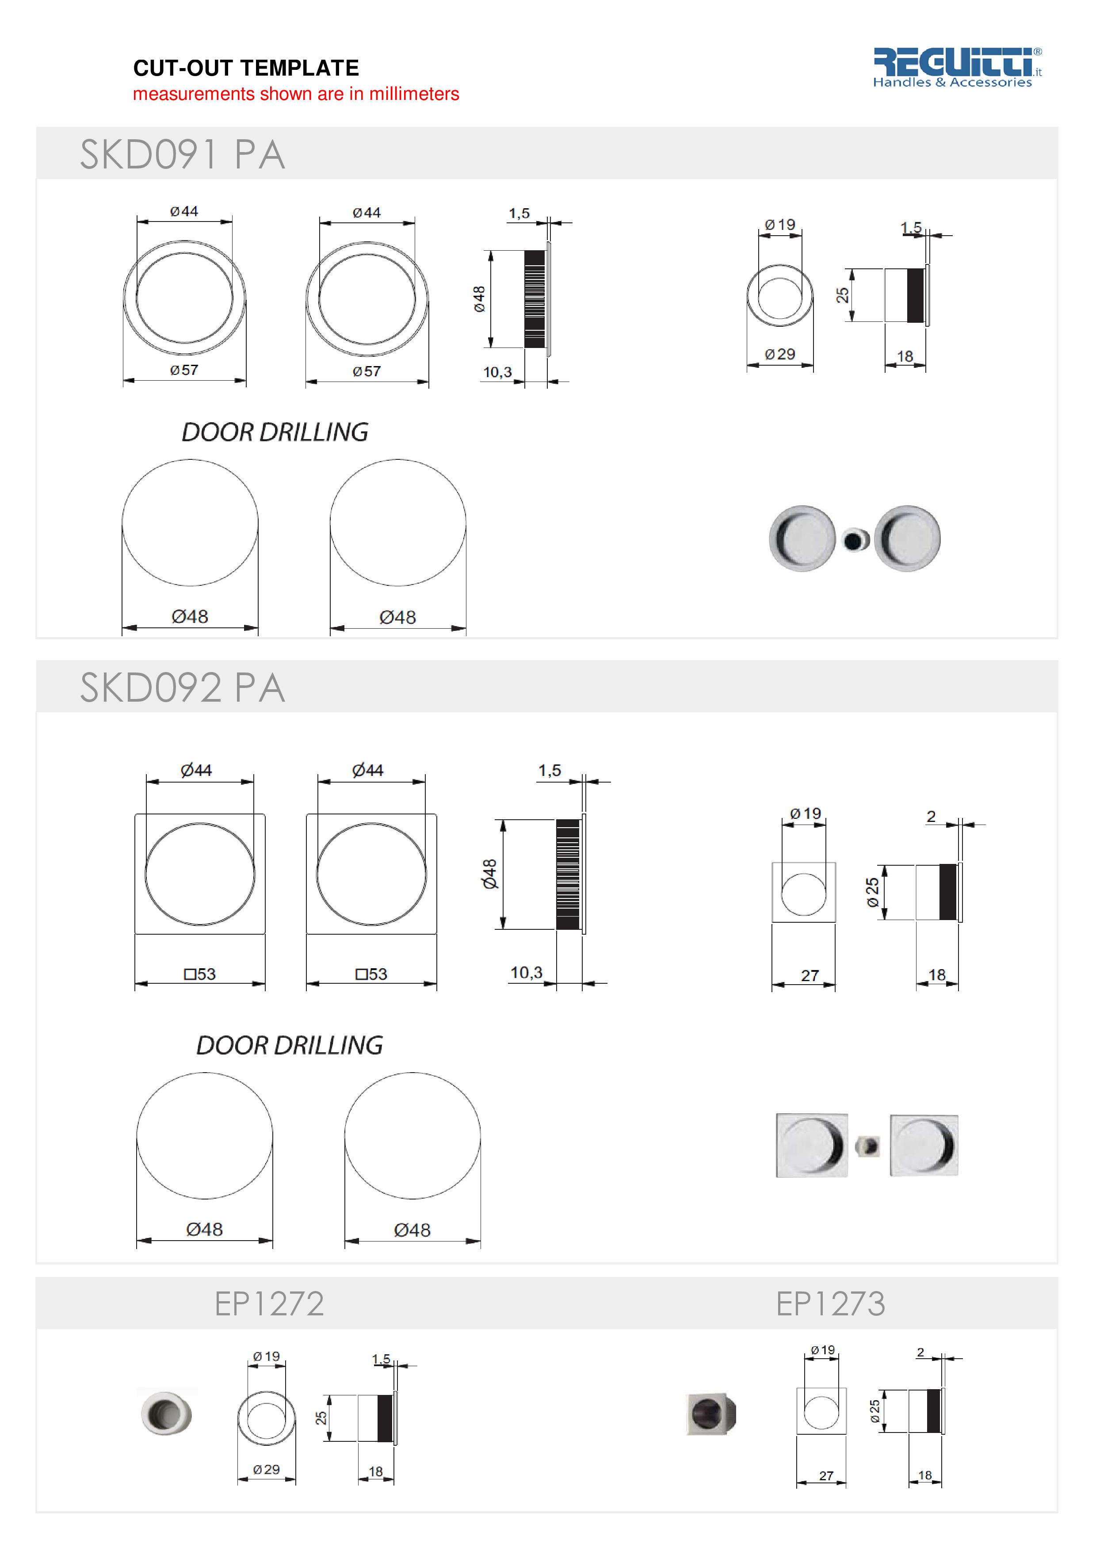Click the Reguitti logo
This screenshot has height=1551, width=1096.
[956, 67]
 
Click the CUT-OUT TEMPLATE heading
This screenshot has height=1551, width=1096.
[246, 68]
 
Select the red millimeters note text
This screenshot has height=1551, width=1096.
[296, 94]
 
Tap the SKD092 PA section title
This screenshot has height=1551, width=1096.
[182, 688]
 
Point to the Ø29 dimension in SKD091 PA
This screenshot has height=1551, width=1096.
[779, 354]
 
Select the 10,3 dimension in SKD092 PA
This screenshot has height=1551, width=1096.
[526, 973]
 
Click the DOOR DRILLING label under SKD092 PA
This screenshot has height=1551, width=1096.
[289, 1046]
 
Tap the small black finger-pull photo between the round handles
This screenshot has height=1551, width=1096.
[855, 539]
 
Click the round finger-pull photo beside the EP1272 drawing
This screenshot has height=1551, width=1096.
[166, 1413]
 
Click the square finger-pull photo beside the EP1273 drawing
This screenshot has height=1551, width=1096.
[711, 1413]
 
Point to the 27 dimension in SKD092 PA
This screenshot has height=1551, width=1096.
[810, 975]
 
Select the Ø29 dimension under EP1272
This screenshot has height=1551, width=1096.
[266, 1469]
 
